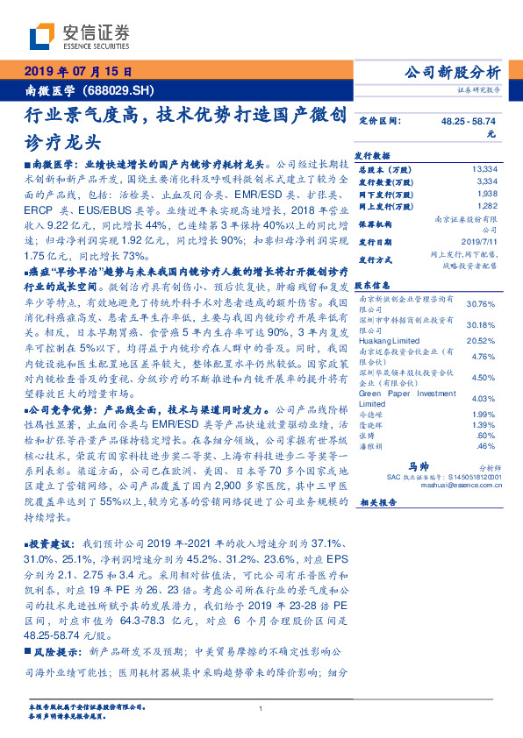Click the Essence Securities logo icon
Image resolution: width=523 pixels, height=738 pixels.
[42, 37]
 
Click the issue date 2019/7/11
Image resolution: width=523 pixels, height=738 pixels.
[479, 238]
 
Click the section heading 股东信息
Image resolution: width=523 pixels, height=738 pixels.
[376, 285]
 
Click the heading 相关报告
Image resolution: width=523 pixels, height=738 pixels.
[379, 502]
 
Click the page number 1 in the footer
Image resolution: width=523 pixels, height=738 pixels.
[261, 709]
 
